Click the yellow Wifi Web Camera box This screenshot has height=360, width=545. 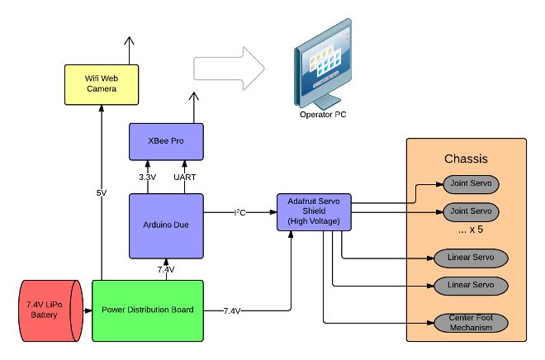coord(102,84)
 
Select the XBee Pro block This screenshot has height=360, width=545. coord(166,141)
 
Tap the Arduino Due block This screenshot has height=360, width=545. coord(166,226)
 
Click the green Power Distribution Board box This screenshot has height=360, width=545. coord(148,310)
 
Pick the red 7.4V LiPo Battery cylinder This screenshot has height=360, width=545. coord(50,310)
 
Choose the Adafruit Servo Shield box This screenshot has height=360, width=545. coord(314,212)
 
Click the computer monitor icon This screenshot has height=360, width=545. coord(323,64)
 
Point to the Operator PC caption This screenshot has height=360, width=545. coord(323,115)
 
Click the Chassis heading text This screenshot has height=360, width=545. coord(466,159)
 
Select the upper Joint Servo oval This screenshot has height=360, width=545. coord(471,184)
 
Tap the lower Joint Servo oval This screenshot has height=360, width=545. coord(471,211)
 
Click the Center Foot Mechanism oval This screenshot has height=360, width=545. coord(471,323)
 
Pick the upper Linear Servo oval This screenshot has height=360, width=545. coord(471,258)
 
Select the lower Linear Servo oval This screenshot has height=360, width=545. coord(471,286)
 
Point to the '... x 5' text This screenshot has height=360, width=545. coord(471,230)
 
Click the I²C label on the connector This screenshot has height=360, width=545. coord(239,212)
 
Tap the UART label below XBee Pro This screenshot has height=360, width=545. coord(185,178)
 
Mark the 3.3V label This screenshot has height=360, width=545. coord(147,178)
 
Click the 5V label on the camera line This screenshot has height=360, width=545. coord(102,193)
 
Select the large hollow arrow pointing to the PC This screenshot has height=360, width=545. coord(229,69)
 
